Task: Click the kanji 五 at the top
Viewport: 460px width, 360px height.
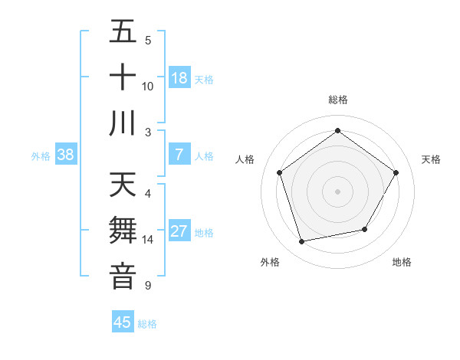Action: click(x=123, y=32)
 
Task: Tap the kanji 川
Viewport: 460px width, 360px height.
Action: click(x=123, y=123)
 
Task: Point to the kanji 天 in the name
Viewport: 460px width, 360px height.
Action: click(x=123, y=185)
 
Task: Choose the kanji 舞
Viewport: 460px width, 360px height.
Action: click(x=123, y=231)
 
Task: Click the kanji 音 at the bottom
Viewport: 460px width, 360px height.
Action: click(x=123, y=277)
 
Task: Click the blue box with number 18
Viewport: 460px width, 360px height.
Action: click(x=179, y=77)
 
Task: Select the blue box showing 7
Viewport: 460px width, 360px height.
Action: click(x=179, y=155)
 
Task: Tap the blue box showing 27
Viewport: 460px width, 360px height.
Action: click(x=179, y=231)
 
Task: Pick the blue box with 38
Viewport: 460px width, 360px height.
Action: click(x=66, y=155)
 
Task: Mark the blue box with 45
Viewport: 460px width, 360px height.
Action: click(x=123, y=322)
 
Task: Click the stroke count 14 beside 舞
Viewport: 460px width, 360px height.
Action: click(x=148, y=240)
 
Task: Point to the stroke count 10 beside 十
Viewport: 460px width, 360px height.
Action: click(x=148, y=86)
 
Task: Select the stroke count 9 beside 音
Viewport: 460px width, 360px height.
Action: click(x=148, y=286)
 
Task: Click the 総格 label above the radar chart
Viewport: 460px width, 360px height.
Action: click(x=338, y=100)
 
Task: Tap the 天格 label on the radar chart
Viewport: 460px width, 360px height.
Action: click(x=432, y=159)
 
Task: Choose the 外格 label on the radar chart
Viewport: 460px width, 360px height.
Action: click(x=270, y=262)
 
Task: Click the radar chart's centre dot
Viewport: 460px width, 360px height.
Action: click(x=338, y=191)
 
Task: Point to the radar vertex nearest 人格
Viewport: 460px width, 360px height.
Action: click(x=279, y=172)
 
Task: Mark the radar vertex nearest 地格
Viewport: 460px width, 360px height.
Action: click(x=365, y=229)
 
